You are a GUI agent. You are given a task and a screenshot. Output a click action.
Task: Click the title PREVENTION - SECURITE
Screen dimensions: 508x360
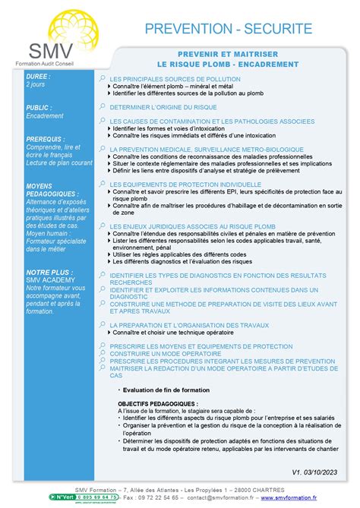[x=228, y=30]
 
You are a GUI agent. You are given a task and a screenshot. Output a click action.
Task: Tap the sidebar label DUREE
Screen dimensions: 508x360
[x=39, y=77]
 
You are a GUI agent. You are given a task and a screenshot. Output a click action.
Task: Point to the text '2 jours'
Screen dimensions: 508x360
[x=36, y=85]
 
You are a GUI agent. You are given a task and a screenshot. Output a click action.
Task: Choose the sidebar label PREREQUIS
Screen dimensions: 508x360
[x=45, y=140]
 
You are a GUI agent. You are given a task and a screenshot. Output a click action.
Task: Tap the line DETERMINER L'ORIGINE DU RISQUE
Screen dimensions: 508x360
[x=163, y=108]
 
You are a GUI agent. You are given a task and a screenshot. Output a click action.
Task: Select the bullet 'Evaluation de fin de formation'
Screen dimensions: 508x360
[x=166, y=390]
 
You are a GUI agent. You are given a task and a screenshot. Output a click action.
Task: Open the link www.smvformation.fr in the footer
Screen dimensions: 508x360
[x=288, y=497]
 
